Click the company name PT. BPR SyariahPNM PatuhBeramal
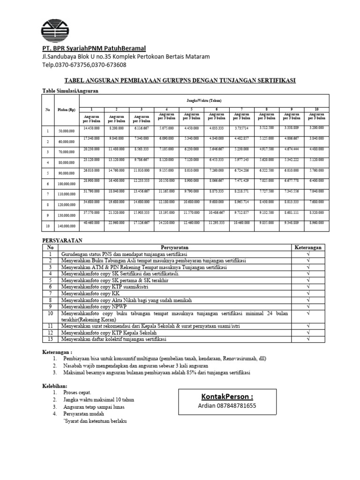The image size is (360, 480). tap(94, 48)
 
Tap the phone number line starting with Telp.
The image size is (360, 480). tap(84, 65)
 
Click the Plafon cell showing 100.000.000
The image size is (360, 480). tap(66, 184)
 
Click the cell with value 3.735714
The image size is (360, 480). tap(241, 128)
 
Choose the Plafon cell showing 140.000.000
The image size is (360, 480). tap(66, 226)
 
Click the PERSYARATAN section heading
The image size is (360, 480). tap(62, 240)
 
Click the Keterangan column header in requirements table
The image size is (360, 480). tap(307, 247)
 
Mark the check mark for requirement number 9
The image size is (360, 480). tap(307, 307)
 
